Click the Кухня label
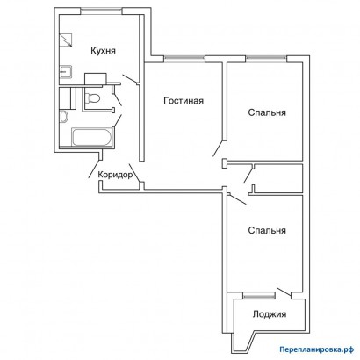coord(103,51)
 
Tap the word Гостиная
coord(184,101)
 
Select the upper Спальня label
coord(267,112)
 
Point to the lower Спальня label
coord(267,230)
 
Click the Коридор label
coord(115,175)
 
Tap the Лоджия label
coord(270,314)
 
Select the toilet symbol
coord(92,97)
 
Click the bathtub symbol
coord(91,137)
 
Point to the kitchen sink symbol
coord(66,72)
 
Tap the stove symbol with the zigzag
coord(66,40)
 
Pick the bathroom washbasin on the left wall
coord(63,117)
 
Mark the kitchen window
coord(101,11)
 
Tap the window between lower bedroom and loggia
coord(259,296)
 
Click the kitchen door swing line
coord(130,79)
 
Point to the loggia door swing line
coord(284,292)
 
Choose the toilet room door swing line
coord(118,98)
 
